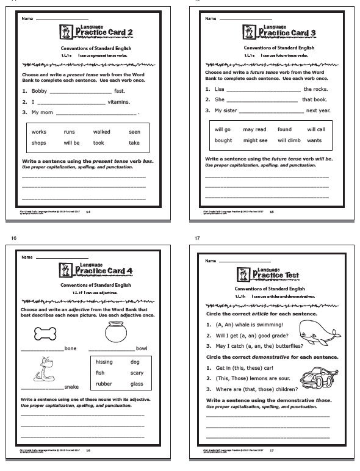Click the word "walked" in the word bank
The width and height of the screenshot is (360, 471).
(101, 132)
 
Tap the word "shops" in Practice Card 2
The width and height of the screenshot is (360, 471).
(39, 143)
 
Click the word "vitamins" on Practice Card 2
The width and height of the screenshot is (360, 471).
(119, 102)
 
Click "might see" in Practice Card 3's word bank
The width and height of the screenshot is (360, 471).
(255, 140)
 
